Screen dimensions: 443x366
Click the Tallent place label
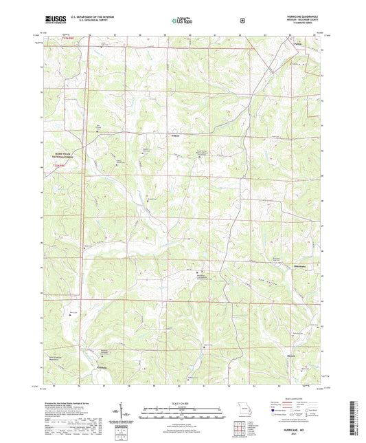click(x=175, y=135)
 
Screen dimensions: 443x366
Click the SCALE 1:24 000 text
click(x=182, y=402)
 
